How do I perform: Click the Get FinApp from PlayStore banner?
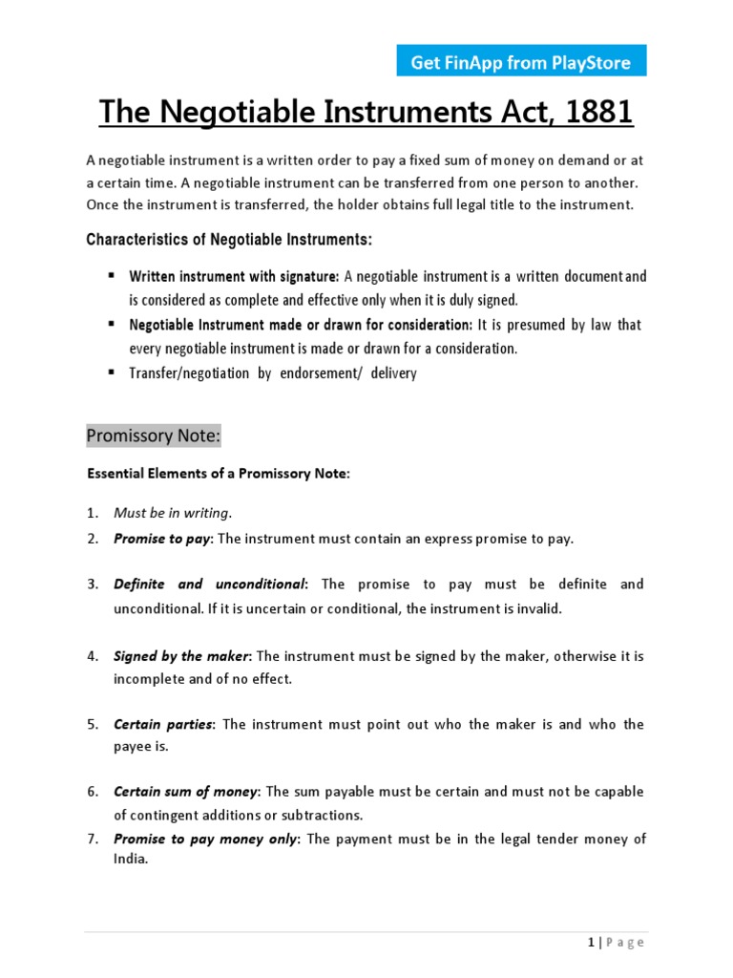pos(521,63)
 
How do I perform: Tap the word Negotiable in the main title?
pos(251,113)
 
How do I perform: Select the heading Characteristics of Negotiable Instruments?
pos(229,239)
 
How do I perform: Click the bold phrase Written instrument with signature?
pos(234,277)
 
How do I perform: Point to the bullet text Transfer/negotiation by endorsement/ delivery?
pos(273,373)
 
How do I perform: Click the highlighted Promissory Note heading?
pos(154,436)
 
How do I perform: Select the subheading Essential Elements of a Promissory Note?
pos(219,474)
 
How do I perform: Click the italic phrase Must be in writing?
pos(172,513)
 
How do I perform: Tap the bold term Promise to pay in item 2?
pos(161,539)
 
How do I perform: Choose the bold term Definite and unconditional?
pos(209,584)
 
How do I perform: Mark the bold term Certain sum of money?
pos(186,792)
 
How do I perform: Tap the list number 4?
pos(93,656)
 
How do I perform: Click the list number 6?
pos(93,792)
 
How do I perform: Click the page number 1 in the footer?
pos(592,943)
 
